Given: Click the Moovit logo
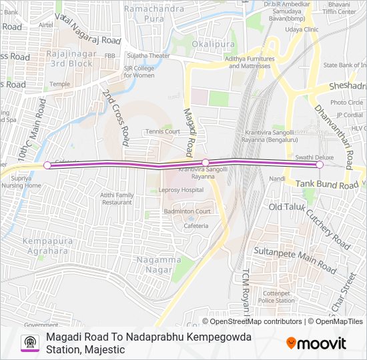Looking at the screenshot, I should pyautogui.click(x=316, y=343).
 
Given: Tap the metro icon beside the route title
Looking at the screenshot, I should pyautogui.click(x=29, y=343).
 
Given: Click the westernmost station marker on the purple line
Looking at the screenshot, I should pyautogui.click(x=47, y=165).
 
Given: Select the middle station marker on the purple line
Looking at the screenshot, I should pyautogui.click(x=206, y=163).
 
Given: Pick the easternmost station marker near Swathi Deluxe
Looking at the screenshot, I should pyautogui.click(x=320, y=165).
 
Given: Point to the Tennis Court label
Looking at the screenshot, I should pyautogui.click(x=163, y=131).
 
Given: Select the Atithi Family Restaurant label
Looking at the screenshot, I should pyautogui.click(x=117, y=198).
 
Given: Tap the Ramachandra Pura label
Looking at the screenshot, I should pyautogui.click(x=153, y=15).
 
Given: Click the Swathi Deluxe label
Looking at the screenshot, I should pyautogui.click(x=309, y=157).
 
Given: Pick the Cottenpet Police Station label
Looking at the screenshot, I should pyautogui.click(x=277, y=297).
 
